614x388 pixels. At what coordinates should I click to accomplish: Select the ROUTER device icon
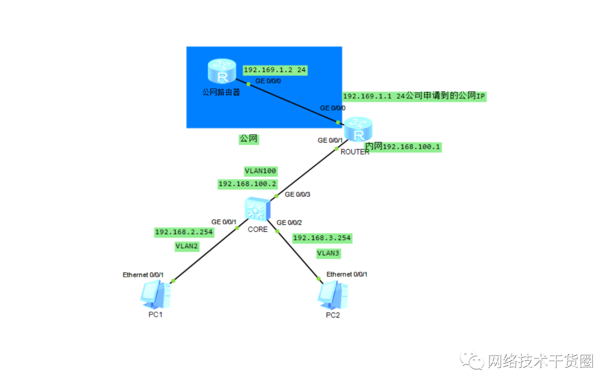click(x=358, y=130)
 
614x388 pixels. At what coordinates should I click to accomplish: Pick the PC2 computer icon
click(x=333, y=294)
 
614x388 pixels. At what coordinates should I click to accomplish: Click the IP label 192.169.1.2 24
click(x=275, y=70)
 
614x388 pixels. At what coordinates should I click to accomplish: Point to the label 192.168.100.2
click(x=247, y=184)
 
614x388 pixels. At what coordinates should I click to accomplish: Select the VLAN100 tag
click(x=260, y=170)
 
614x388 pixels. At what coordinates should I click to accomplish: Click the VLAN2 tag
click(x=186, y=246)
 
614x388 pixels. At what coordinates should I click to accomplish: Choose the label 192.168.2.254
click(x=184, y=232)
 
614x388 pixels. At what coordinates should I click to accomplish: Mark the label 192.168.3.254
click(x=322, y=238)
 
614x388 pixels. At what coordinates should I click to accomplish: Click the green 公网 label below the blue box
click(x=248, y=139)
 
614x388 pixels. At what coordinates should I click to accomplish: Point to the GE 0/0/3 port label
click(x=297, y=194)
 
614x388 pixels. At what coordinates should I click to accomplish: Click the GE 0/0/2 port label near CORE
click(x=289, y=223)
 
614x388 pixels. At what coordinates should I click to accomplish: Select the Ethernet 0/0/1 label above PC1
click(x=143, y=275)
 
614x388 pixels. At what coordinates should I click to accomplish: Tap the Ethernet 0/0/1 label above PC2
click(x=347, y=274)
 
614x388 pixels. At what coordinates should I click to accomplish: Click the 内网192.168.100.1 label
click(x=404, y=147)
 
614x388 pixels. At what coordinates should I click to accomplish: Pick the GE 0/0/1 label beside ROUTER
click(x=330, y=140)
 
